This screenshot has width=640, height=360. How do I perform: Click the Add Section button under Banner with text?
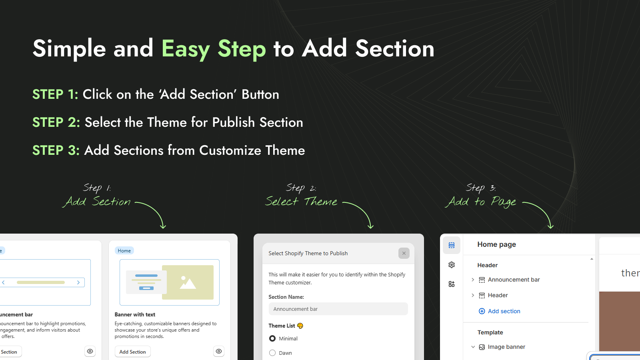pyautogui.click(x=132, y=352)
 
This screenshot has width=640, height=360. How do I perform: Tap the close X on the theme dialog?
pyautogui.click(x=404, y=253)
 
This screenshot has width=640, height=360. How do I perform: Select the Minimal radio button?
pyautogui.click(x=272, y=338)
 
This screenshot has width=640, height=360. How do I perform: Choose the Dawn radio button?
pyautogui.click(x=272, y=353)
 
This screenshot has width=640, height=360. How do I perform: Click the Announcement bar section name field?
pyautogui.click(x=338, y=309)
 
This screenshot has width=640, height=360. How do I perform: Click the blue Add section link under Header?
pyautogui.click(x=504, y=311)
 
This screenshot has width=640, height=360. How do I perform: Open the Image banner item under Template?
pyautogui.click(x=506, y=347)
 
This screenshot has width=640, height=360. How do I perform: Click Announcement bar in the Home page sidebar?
pyautogui.click(x=514, y=280)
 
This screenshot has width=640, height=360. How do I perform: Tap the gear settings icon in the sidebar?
pyautogui.click(x=452, y=265)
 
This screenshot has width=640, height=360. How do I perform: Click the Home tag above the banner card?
pyautogui.click(x=124, y=251)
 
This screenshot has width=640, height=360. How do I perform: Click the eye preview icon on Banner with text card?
pyautogui.click(x=219, y=352)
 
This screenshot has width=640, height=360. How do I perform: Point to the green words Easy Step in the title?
pyautogui.click(x=214, y=49)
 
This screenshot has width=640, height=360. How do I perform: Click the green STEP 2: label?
pyautogui.click(x=56, y=122)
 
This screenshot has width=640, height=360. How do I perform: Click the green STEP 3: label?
pyautogui.click(x=56, y=150)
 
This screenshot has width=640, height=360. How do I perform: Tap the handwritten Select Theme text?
pyautogui.click(x=301, y=201)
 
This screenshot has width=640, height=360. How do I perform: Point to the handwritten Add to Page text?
pyautogui.click(x=482, y=202)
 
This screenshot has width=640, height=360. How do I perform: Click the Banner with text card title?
pyautogui.click(x=135, y=315)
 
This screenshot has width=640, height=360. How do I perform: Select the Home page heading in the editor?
pyautogui.click(x=496, y=244)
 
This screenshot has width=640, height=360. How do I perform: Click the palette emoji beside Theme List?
pyautogui.click(x=300, y=326)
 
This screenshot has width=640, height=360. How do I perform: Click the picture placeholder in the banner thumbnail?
pyautogui.click(x=188, y=282)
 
